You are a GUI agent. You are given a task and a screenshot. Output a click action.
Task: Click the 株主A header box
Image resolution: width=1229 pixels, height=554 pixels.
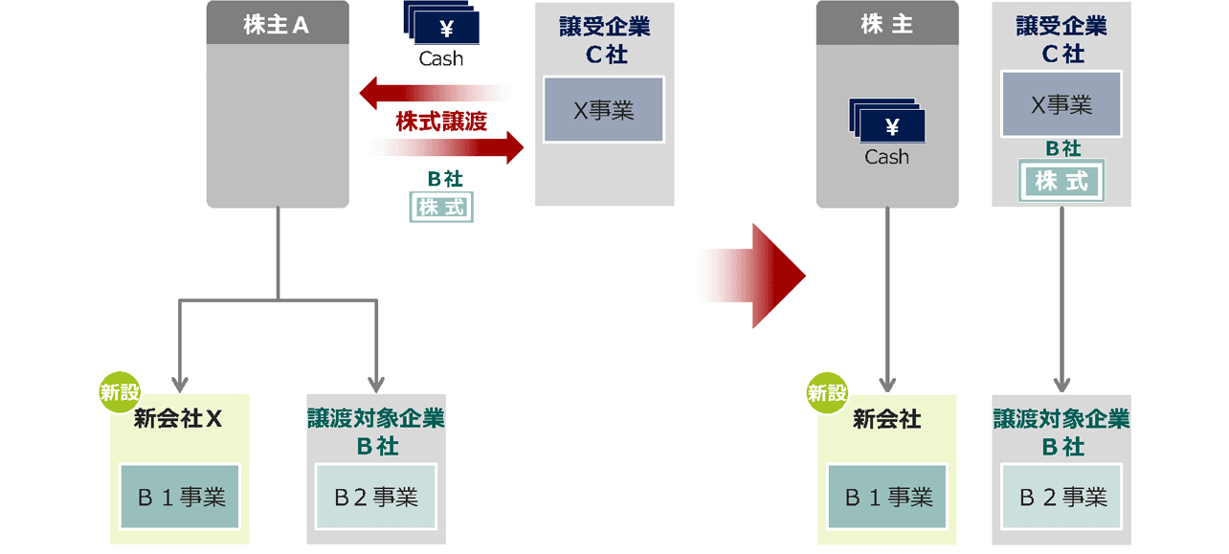tap(278, 25)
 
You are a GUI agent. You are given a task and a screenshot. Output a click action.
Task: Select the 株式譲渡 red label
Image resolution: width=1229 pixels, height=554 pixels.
tap(441, 122)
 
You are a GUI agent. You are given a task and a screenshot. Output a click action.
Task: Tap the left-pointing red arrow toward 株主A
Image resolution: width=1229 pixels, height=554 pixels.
tap(436, 93)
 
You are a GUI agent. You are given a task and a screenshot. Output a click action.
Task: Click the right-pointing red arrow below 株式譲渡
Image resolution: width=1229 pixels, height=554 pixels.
tap(448, 148)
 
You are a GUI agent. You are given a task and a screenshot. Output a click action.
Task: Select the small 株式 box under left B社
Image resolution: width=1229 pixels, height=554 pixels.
tap(441, 207)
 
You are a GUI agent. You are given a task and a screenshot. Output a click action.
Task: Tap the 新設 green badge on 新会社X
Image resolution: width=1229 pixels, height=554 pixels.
tap(121, 392)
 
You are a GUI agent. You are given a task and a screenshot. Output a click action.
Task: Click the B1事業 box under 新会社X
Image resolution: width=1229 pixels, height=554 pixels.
tap(181, 497)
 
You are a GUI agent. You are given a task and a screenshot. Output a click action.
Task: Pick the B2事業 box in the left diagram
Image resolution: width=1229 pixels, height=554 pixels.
tap(376, 497)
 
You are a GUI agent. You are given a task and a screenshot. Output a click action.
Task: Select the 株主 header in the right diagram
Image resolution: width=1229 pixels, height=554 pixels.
tap(886, 25)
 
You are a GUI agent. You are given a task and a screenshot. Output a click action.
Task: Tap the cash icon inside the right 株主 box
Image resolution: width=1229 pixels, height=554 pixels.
tap(886, 122)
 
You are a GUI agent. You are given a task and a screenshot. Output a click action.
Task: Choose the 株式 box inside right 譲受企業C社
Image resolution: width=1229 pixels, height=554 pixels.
tap(1061, 182)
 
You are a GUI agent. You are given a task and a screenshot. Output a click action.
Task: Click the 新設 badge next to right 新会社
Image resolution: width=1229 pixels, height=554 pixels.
tap(827, 392)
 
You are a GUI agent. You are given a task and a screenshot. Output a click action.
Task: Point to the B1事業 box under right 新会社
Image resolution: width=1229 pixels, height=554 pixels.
tap(887, 497)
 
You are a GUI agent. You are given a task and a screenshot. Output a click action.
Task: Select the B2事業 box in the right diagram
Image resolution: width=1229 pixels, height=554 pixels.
tap(1062, 497)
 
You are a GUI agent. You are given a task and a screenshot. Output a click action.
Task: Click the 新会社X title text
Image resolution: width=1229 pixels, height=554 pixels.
tap(179, 420)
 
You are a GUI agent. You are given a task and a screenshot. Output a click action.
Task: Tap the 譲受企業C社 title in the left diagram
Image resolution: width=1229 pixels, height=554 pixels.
tap(605, 39)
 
